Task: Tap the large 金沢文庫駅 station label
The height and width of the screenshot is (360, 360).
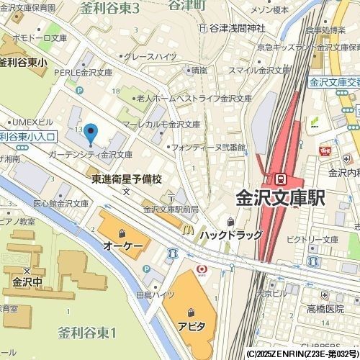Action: point(280,197)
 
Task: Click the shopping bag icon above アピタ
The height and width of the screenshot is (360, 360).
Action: point(191,312)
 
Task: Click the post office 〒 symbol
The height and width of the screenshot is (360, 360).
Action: point(171,196)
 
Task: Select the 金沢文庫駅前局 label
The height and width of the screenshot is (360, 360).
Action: point(171,210)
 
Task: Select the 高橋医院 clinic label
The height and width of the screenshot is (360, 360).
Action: point(325,307)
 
